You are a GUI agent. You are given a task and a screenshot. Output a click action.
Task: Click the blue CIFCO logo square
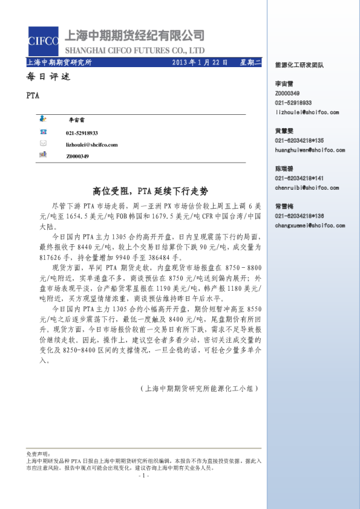43,41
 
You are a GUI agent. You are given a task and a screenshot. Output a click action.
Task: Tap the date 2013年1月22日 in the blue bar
199,62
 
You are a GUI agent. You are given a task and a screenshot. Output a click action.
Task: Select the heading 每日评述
49,77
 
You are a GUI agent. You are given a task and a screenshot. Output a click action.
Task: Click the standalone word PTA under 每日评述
33,96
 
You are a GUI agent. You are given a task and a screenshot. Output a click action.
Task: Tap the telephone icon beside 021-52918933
44,132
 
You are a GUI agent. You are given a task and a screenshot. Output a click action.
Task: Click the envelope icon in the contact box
44,144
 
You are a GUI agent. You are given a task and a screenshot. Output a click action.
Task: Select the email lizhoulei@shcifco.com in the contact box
91,144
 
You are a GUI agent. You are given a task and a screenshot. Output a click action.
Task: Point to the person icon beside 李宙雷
44,120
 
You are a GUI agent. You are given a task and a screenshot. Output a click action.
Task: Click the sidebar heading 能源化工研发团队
299,64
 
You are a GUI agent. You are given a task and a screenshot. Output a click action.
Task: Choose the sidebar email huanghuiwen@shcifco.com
306,148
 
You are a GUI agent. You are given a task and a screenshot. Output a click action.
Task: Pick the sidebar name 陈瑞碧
284,169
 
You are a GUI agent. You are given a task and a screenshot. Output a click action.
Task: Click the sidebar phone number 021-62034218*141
299,178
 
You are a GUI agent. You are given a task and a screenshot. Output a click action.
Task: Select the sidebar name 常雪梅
284,206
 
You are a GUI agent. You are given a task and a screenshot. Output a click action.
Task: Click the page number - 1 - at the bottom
143,476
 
